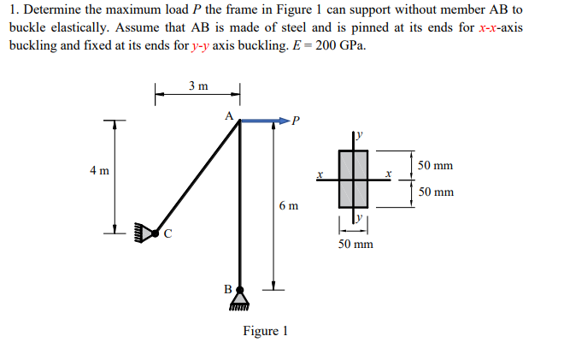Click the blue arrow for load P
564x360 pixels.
coord(265,121)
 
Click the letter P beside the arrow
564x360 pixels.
coord(297,120)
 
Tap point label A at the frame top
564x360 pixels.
coord(228,114)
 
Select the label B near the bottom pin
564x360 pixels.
coord(227,289)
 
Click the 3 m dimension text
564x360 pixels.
coord(197,86)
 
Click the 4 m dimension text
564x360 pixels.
coord(99,170)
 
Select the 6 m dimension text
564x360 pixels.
coord(289,206)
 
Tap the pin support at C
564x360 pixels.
coord(147,231)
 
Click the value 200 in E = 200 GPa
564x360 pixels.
coord(326,44)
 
